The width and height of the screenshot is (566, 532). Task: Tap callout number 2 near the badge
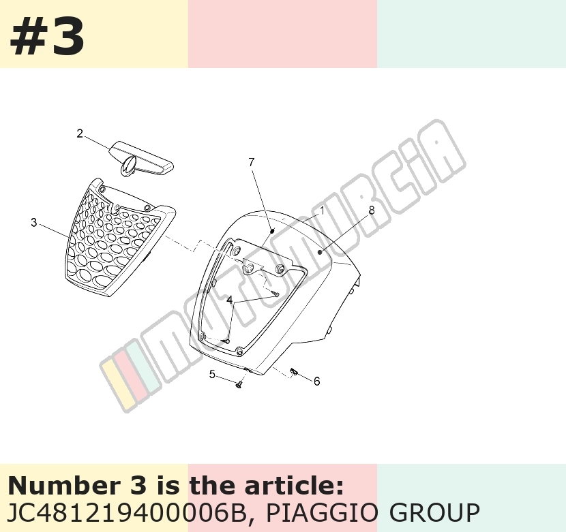80,134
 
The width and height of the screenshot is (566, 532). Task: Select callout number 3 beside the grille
34,223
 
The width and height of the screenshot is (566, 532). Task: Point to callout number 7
252,162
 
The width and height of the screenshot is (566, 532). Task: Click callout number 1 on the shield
323,210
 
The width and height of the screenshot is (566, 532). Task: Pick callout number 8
371,210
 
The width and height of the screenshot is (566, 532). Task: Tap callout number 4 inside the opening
230,300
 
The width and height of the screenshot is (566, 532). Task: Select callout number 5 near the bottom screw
212,375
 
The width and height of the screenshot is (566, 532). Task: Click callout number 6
316,381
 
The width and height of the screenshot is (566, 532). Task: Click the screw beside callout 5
239,386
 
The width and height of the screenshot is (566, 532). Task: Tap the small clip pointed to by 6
294,371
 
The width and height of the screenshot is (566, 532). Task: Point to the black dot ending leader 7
273,230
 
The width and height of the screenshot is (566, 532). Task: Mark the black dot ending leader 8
321,252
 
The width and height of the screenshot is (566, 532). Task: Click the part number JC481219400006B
127,512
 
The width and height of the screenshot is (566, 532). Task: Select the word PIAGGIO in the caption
322,512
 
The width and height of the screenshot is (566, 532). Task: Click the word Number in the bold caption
63,486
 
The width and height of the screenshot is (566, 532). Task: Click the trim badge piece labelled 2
141,159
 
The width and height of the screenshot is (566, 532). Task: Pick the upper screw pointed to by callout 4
276,294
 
